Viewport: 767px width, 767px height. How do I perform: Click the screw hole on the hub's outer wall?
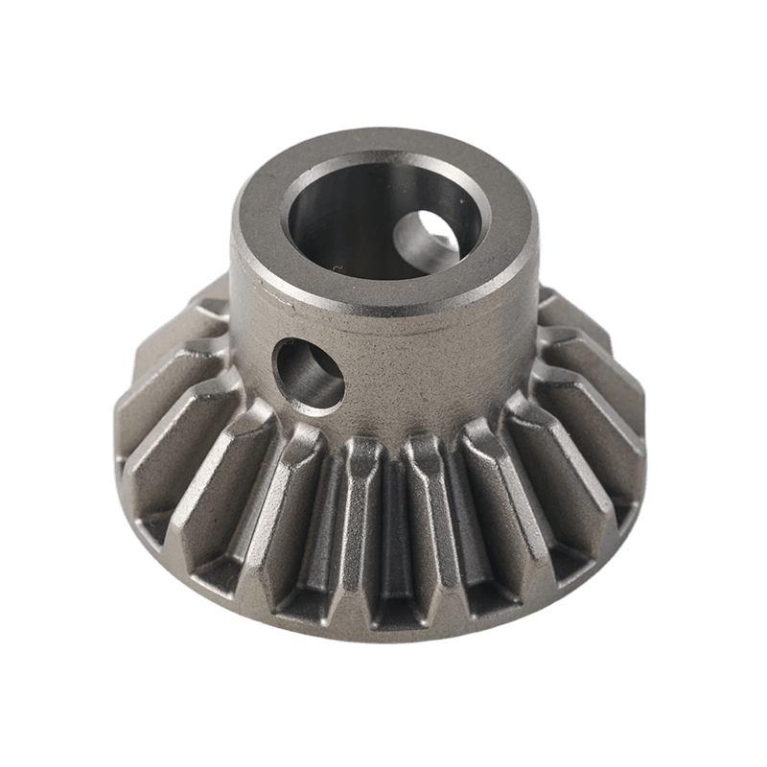(309, 373)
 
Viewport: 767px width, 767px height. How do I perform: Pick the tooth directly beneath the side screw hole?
(288, 499)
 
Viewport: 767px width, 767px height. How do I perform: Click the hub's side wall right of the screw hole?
(431, 374)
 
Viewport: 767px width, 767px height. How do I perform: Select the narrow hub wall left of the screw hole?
(251, 355)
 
